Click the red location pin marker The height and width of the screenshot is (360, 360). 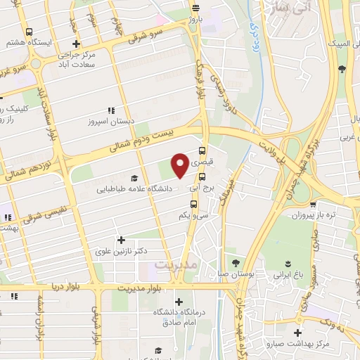point(180,165)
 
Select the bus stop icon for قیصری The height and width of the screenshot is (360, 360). point(202,150)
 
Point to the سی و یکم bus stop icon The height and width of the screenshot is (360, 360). point(202,204)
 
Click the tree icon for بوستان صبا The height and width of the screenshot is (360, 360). point(246,261)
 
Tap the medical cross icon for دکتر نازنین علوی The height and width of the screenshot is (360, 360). point(122,240)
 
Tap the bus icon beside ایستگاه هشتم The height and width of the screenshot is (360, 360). point(29,32)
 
